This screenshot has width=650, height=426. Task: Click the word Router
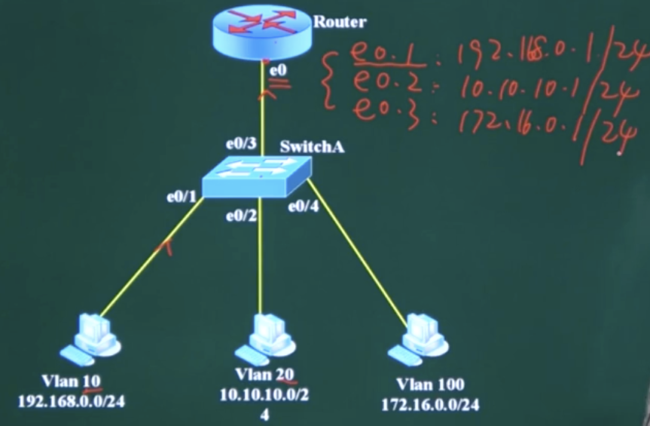pyautogui.click(x=340, y=22)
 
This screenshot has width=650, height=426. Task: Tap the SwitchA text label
pyautogui.click(x=312, y=146)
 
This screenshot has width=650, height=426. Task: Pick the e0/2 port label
pyautogui.click(x=242, y=217)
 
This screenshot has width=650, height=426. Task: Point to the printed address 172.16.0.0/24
pyautogui.click(x=429, y=405)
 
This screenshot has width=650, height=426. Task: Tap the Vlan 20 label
pyautogui.click(x=264, y=374)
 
